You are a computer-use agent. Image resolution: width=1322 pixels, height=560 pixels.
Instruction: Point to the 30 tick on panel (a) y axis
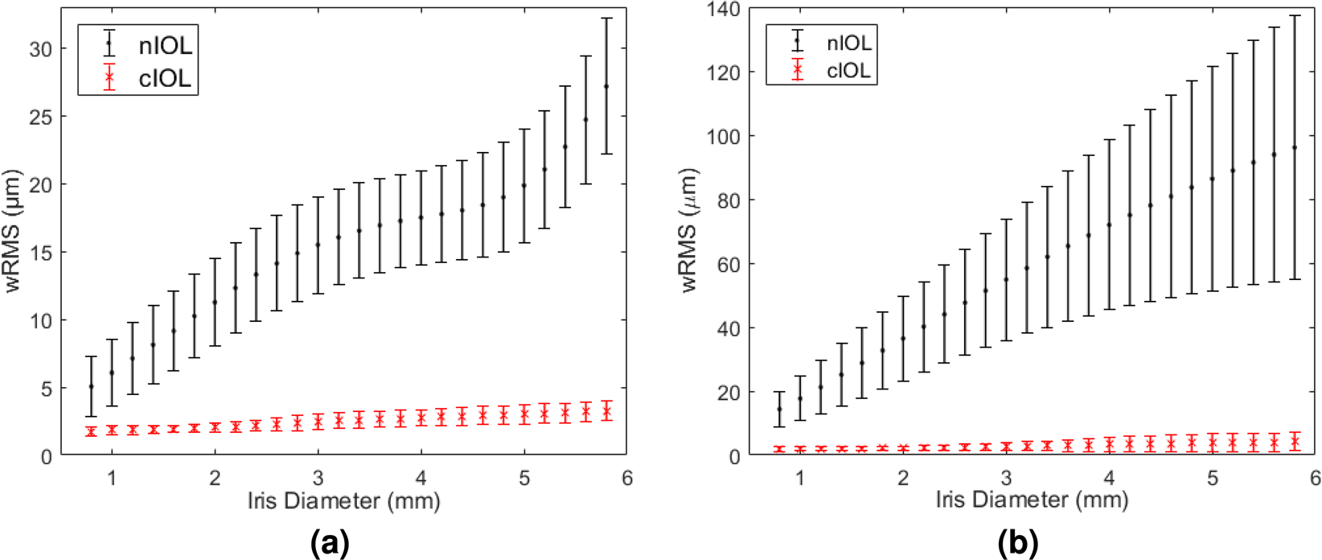40,49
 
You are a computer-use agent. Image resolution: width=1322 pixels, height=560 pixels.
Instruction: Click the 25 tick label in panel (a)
40,117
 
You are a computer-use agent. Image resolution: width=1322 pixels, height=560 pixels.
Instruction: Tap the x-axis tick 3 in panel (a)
318,478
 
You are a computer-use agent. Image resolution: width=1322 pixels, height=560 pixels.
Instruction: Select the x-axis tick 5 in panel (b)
1213,478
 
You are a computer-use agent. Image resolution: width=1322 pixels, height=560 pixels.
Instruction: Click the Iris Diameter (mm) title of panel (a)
343,501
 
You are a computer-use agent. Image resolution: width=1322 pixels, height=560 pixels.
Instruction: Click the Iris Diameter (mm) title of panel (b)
1032,500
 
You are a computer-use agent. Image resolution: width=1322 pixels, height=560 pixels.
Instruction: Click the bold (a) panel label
330,544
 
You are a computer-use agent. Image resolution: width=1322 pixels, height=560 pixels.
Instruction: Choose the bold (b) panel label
1018,544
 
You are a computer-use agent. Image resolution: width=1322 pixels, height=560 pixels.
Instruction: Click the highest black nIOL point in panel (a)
606,86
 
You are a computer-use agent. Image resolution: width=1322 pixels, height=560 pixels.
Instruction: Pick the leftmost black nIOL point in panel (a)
91,386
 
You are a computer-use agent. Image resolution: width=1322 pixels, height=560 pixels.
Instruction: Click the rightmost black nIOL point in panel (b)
1295,147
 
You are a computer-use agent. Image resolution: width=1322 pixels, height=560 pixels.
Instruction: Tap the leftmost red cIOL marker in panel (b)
779,449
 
